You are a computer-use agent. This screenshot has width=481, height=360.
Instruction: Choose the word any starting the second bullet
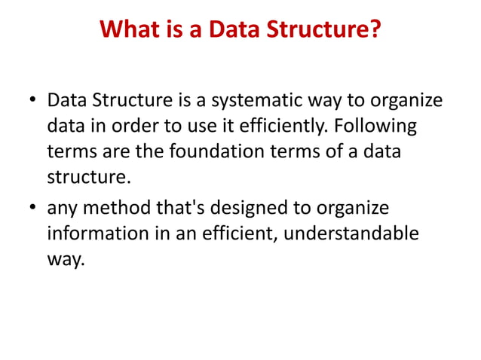pyautogui.click(x=63, y=206)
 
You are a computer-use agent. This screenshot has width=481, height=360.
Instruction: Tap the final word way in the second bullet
pyautogui.click(x=65, y=259)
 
